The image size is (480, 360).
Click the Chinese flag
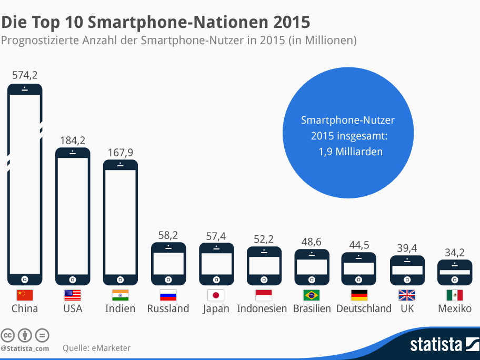[25, 295]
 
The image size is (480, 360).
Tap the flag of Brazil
[312, 295]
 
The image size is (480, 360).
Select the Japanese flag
[216, 295]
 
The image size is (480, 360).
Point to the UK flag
[407, 295]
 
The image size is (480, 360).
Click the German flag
[359, 295]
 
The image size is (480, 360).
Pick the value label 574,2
[25, 75]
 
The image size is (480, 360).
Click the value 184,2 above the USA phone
[73, 141]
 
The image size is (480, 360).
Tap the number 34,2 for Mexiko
[455, 252]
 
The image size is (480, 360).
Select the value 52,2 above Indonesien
[264, 239]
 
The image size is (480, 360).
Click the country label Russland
[168, 308]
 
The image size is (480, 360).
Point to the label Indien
[120, 308]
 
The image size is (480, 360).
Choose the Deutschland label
[364, 308]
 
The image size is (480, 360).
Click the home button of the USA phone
[73, 279]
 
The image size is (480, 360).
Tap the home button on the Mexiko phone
[455, 279]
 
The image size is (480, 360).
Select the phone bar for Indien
[120, 221]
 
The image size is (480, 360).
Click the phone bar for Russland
[168, 263]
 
